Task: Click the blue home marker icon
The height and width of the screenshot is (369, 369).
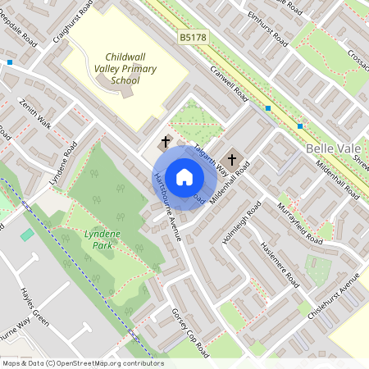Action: [x=184, y=177]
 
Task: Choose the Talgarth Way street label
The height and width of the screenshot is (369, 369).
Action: [x=212, y=156]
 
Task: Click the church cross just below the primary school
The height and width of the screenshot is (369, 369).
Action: [x=166, y=141]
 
